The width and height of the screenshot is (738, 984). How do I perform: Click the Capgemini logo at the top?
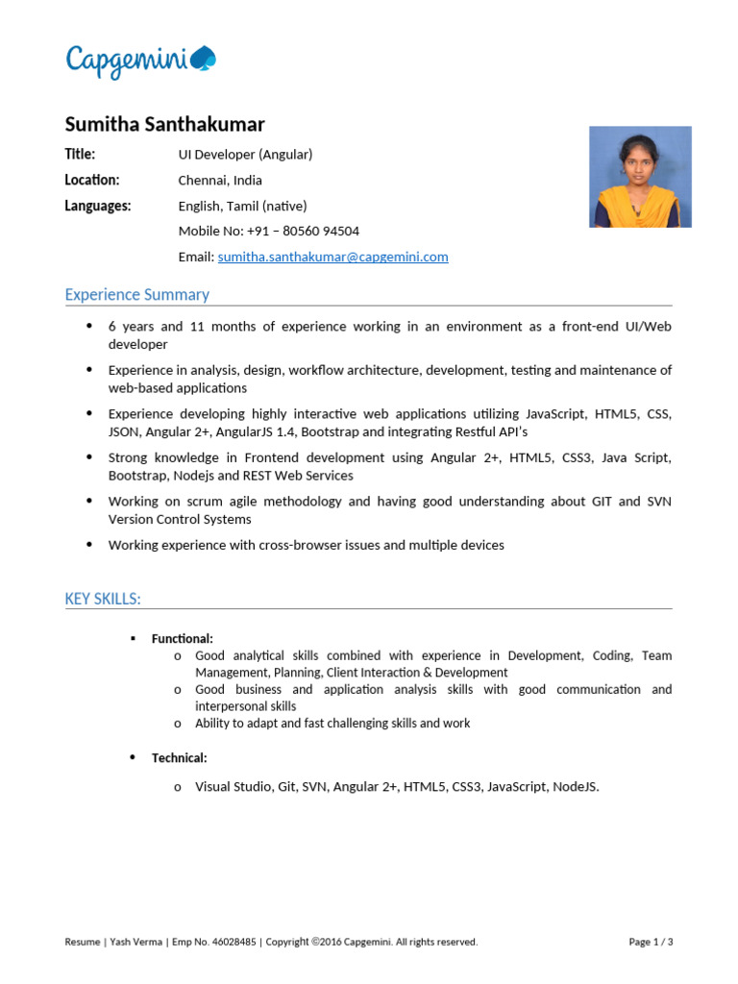pos(140,61)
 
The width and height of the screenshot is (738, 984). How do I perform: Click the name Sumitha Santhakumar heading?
pos(164,125)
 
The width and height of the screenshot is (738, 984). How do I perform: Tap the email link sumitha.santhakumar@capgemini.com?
pos(332,258)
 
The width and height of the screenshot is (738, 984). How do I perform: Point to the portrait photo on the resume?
pos(640,177)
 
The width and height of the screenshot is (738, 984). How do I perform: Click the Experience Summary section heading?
pos(136,295)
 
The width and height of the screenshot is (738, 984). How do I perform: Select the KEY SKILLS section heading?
pos(103,600)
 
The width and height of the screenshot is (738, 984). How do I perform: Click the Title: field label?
pos(80,154)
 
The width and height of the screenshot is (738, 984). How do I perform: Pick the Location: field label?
pos(92,180)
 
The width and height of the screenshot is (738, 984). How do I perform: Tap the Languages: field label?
pos(98,206)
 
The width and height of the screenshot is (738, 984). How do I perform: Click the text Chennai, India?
pos(220,180)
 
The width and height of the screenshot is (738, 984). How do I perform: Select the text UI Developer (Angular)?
pos(245,154)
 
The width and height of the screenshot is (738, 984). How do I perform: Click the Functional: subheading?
pos(183,639)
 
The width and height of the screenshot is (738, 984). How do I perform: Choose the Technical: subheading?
pos(179,758)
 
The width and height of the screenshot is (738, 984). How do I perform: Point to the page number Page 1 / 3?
pos(651,943)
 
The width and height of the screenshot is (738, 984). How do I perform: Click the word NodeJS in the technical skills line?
pos(576,787)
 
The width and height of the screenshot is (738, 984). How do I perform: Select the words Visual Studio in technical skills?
pos(234,787)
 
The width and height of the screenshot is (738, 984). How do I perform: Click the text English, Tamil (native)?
pos(242,206)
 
